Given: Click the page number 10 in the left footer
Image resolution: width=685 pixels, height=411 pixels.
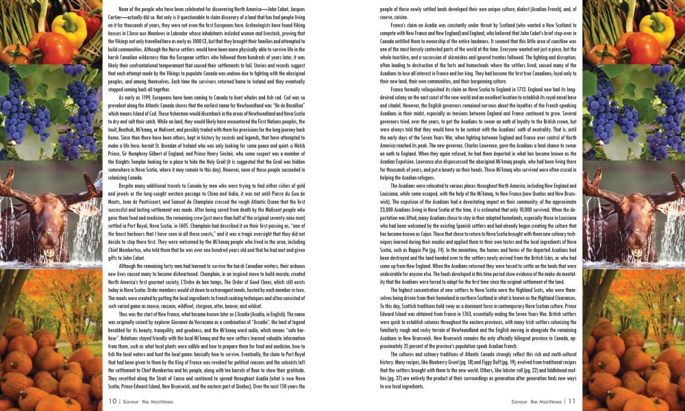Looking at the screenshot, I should (x=112, y=401).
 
